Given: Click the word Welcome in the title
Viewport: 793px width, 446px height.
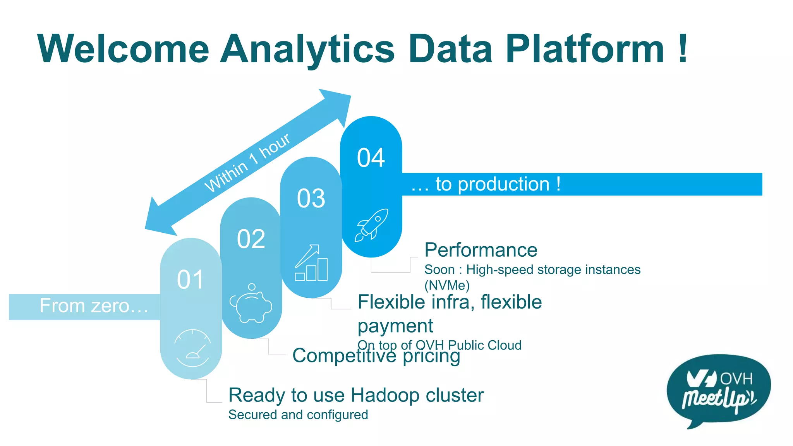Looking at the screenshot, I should tap(124, 49).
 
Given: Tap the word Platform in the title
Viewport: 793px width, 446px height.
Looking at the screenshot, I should tap(585, 49).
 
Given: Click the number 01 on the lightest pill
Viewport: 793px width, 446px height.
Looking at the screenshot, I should tap(190, 280).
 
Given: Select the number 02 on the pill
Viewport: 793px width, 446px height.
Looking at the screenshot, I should tap(251, 239).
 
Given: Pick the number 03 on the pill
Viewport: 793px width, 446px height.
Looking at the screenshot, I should tap(311, 199).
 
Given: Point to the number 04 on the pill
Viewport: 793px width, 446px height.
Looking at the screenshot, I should tap(371, 158).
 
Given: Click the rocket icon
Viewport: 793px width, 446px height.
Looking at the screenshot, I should tap(372, 225).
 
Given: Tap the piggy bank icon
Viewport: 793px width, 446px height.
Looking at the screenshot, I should tap(251, 304).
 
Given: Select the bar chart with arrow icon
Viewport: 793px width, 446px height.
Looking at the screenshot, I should tap(311, 263).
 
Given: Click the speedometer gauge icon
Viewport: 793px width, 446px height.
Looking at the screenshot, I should tap(192, 348).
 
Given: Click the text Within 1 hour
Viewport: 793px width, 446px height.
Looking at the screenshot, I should tap(247, 163).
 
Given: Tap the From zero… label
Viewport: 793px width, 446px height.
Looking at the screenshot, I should tap(94, 306).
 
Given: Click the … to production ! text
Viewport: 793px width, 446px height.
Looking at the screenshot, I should tap(486, 184).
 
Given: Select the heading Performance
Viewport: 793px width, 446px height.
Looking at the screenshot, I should tap(481, 250).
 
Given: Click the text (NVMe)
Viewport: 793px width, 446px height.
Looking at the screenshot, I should tap(447, 286).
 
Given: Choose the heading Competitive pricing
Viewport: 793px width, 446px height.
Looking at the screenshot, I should tap(376, 355).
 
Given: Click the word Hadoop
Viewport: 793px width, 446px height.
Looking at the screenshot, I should tap(385, 395).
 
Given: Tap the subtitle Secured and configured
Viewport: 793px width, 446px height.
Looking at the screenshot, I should tap(298, 415).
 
